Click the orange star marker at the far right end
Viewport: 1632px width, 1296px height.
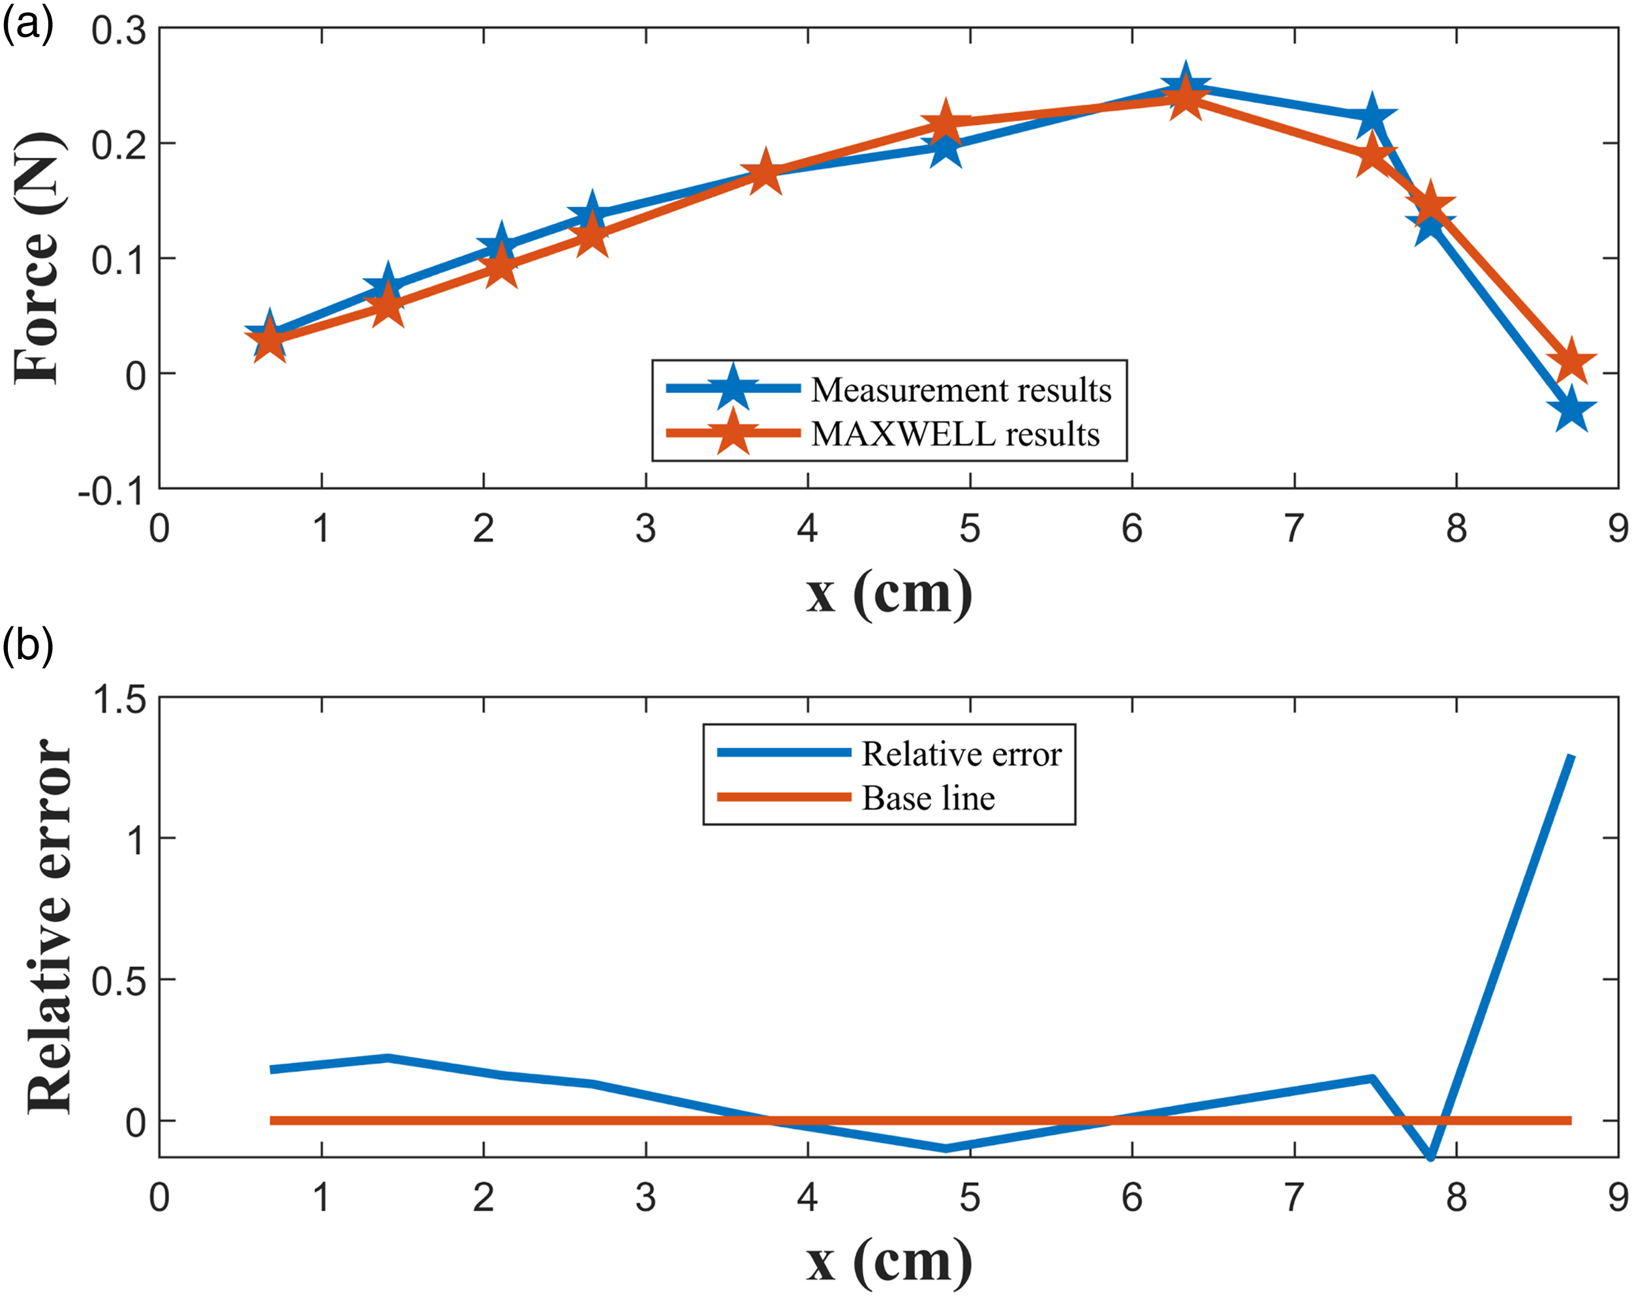1571,361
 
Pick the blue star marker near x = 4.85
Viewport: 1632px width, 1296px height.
945,147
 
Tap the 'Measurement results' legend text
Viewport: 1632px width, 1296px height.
961,389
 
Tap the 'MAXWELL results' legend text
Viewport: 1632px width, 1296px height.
955,434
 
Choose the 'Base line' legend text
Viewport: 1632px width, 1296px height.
929,797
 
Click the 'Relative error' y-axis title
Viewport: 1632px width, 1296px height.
49,926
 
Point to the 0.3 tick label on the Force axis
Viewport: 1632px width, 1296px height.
119,31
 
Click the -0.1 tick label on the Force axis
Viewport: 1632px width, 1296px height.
112,492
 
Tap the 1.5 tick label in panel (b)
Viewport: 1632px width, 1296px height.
119,699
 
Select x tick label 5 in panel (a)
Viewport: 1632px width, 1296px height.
970,529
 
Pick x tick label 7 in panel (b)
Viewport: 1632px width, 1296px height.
1295,1197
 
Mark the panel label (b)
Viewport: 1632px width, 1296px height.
28,648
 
